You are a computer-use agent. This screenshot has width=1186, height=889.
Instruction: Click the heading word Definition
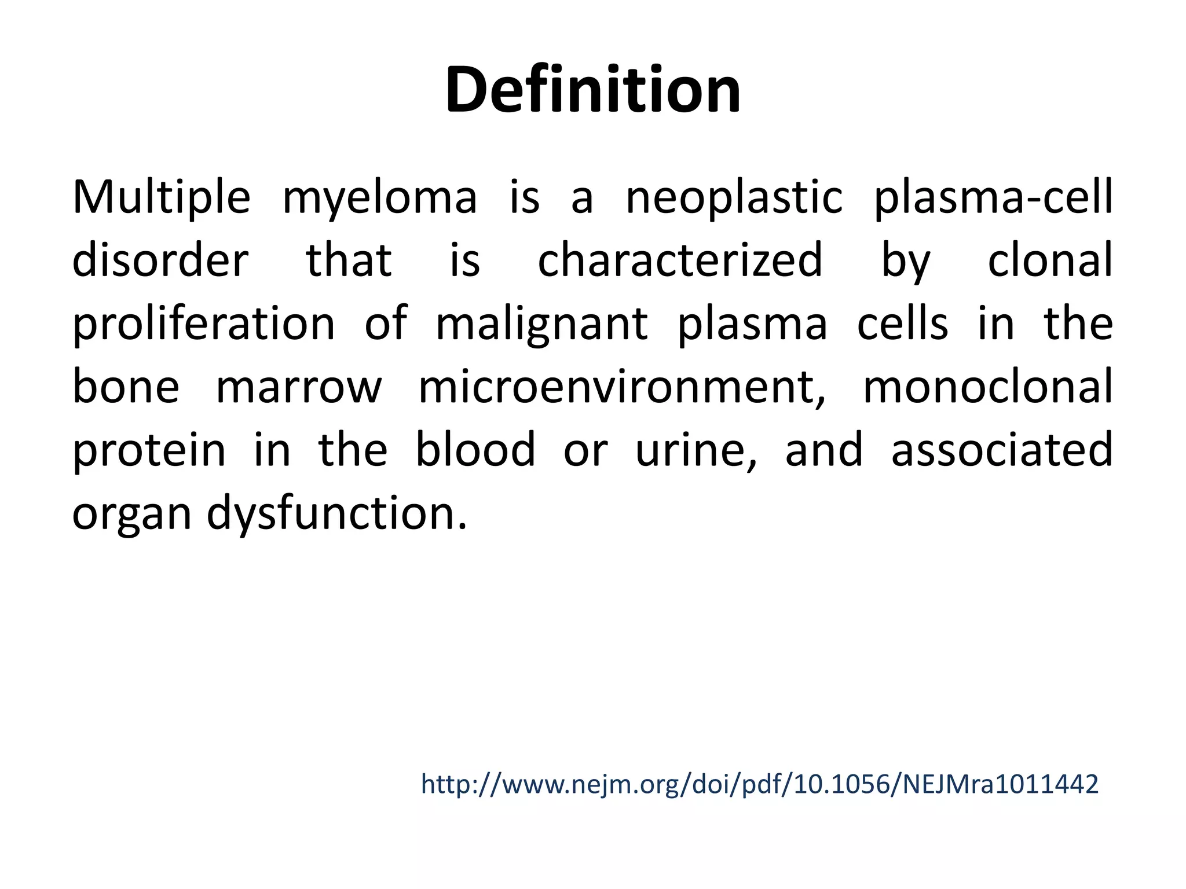tap(592, 90)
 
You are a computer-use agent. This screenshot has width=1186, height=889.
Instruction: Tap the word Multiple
tap(161, 197)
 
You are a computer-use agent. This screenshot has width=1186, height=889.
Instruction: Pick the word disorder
tap(160, 260)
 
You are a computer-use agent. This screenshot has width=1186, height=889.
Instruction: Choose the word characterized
tap(680, 260)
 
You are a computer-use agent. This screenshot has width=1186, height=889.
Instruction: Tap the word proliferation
tap(203, 324)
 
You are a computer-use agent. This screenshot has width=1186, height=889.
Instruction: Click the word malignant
tap(541, 325)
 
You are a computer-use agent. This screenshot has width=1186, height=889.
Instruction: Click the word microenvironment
tap(622, 388)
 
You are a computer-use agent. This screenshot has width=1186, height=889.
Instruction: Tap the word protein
tap(149, 451)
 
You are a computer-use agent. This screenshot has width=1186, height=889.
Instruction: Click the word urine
tap(696, 451)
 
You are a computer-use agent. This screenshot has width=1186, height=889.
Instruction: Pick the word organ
tap(131, 515)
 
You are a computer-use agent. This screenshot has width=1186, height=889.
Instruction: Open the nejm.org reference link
tap(759, 785)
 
